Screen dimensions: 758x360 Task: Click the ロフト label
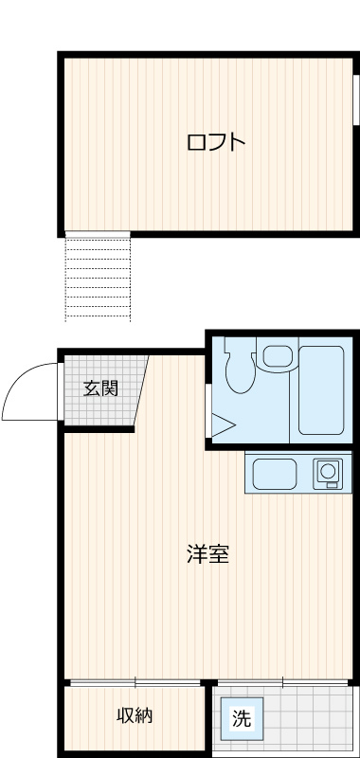(216, 143)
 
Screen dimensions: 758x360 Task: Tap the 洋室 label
(207, 554)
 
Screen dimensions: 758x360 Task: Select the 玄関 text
(99, 388)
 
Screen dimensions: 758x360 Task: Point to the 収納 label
(135, 715)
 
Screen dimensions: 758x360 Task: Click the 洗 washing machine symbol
(243, 718)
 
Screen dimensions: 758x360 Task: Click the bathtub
(321, 391)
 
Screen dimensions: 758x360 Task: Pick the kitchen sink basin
(274, 472)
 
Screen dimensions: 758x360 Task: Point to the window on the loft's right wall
(356, 99)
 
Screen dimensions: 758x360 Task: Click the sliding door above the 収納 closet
(135, 681)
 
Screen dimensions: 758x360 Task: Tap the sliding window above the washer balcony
(282, 681)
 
